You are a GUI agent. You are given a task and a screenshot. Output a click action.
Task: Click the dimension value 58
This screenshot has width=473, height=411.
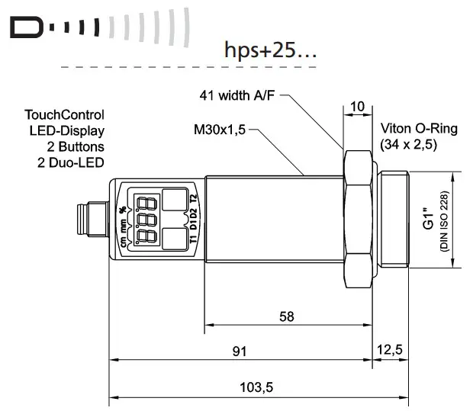pos(286,316)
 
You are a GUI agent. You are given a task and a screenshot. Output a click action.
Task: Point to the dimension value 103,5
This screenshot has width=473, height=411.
pos(257,387)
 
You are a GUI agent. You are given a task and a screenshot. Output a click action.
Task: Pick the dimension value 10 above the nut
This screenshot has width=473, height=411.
pos(358,106)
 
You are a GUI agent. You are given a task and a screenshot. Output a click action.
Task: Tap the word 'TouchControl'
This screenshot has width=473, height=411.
pos(63,115)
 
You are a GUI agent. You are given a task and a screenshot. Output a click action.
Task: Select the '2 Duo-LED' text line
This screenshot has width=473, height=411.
pos(73,162)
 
